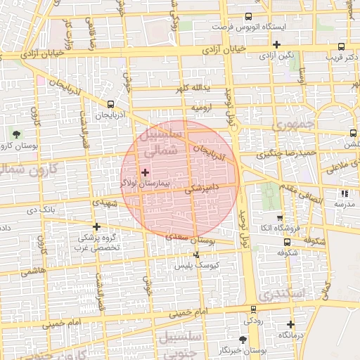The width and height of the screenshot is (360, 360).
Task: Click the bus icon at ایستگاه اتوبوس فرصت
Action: (247, 16)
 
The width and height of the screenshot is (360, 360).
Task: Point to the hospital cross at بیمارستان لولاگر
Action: (146, 172)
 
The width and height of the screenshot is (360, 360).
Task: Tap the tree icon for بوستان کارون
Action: (16, 134)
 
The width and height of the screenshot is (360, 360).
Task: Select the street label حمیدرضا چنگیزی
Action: (290, 153)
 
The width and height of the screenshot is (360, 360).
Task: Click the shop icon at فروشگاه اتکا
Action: (280, 218)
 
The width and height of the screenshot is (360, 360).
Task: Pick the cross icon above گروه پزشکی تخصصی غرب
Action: (96, 226)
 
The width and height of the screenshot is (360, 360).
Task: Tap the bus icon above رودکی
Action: (253, 309)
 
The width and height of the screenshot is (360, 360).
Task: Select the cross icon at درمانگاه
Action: (290, 324)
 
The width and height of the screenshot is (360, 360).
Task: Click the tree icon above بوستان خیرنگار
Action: (243, 339)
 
